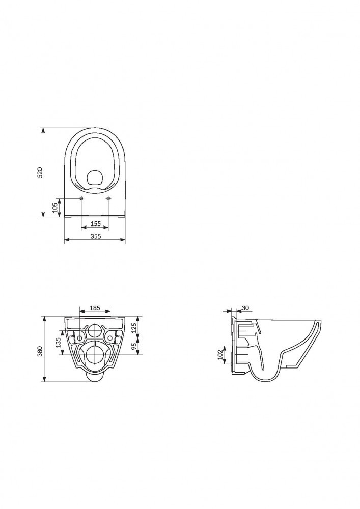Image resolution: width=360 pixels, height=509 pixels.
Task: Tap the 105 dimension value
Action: point(55,207)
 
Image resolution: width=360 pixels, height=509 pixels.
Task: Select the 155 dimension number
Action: point(95,223)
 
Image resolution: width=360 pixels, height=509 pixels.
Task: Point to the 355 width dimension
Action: point(96,236)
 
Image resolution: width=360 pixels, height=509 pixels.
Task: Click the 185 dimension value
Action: point(95,308)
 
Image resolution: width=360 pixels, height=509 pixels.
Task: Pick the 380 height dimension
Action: point(40,352)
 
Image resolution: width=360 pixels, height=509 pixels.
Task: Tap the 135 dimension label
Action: point(58,343)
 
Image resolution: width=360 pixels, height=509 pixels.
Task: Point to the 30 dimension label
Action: point(245,308)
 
